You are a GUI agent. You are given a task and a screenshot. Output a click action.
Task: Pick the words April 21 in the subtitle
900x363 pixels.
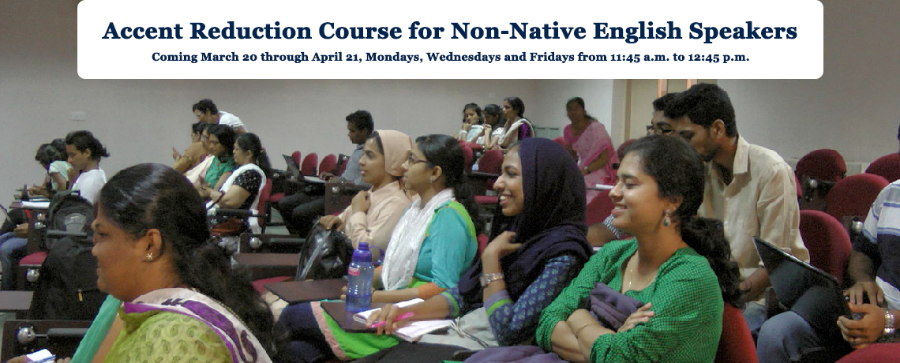338,58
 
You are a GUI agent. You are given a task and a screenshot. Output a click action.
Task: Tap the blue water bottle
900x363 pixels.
360,278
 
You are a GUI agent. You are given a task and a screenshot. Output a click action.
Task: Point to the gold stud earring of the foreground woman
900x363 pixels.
149,256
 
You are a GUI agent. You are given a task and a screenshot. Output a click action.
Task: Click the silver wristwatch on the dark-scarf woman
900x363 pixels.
491,278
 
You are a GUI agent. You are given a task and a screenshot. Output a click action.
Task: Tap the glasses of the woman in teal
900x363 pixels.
415,161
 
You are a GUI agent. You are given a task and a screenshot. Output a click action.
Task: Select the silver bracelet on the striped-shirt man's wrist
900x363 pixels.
888,321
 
